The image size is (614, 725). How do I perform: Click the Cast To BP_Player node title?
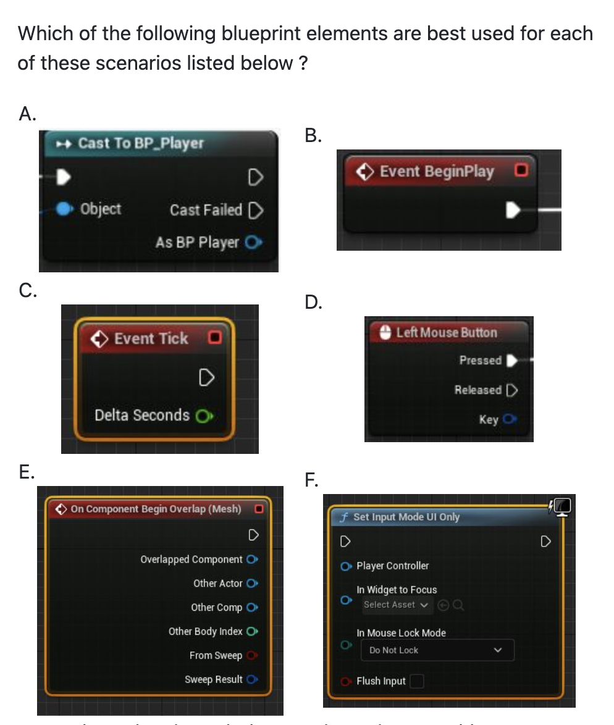[x=140, y=143]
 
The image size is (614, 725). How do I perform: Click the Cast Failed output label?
[x=206, y=210]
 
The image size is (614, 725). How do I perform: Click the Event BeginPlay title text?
[x=437, y=171]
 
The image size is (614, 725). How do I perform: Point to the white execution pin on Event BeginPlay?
[x=511, y=210]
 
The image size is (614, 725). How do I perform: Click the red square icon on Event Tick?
[x=214, y=338]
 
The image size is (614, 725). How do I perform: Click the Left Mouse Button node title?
[x=446, y=332]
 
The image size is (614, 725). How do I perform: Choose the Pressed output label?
[x=480, y=360]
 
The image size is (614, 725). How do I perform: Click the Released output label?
[x=477, y=390]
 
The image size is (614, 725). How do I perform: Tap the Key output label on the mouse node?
[x=488, y=419]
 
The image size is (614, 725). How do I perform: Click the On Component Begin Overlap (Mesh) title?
[x=156, y=509]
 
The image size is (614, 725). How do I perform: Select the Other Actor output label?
[x=217, y=583]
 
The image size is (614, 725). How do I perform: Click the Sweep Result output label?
[x=213, y=679]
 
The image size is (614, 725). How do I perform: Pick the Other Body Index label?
[x=205, y=631]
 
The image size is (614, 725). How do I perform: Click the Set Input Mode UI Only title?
[x=406, y=517]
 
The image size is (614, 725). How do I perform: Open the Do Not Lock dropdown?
[x=435, y=650]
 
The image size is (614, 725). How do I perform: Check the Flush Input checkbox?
[x=418, y=681]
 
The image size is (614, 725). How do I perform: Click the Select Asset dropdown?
[x=396, y=605]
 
